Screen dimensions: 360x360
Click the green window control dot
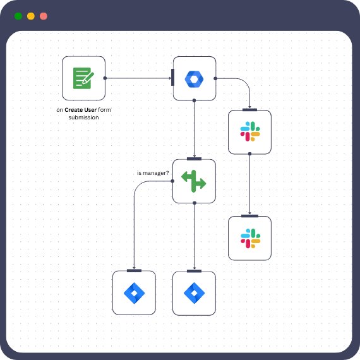tap(18, 16)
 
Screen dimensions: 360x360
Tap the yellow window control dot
tap(30, 16)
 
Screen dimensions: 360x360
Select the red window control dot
tap(43, 16)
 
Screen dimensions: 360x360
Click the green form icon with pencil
tap(83, 78)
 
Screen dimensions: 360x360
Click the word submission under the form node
tap(83, 117)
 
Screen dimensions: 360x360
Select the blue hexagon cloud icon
tap(194, 78)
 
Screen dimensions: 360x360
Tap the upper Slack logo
tap(249, 132)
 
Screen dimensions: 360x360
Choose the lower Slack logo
tap(249, 238)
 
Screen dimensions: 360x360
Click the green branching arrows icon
tap(194, 181)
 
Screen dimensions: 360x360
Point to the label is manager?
tap(153, 172)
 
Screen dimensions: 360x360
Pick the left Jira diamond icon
tap(134, 293)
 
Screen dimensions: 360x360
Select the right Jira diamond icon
tap(194, 293)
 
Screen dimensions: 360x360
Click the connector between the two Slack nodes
tap(249, 184)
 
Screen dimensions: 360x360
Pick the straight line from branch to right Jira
tap(194, 237)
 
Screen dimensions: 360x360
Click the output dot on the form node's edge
tap(105, 78)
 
